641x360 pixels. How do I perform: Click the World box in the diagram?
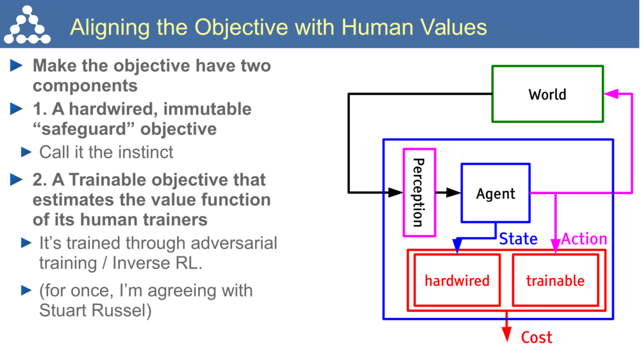pyautogui.click(x=547, y=94)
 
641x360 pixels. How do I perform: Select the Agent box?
pyautogui.click(x=495, y=193)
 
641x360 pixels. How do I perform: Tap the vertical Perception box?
pyautogui.click(x=419, y=192)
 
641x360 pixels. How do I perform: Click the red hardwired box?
pyautogui.click(x=456, y=281)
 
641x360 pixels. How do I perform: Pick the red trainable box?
pyautogui.click(x=555, y=281)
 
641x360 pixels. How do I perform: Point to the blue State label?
pyautogui.click(x=518, y=239)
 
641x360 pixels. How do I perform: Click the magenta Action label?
pyautogui.click(x=584, y=239)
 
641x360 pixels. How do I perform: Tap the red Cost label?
pyautogui.click(x=536, y=337)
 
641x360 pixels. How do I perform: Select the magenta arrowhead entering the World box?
pyautogui.click(x=610, y=94)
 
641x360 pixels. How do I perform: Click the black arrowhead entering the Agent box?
pyautogui.click(x=454, y=192)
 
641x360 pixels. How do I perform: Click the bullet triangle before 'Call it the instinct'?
pyautogui.click(x=26, y=152)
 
